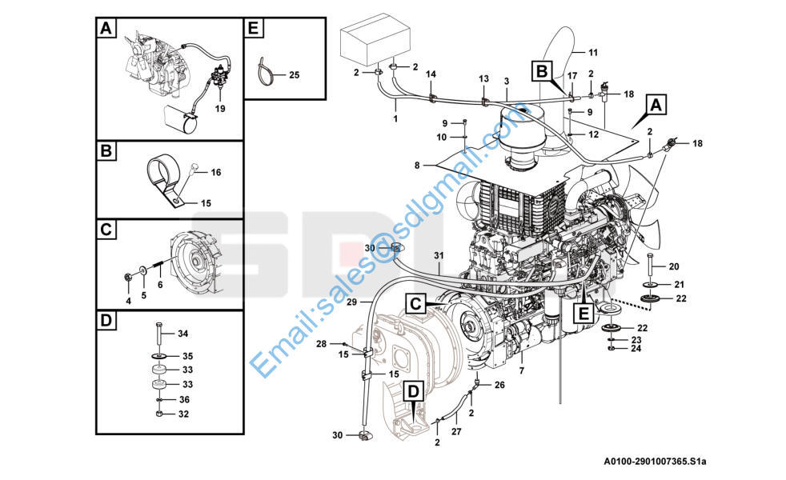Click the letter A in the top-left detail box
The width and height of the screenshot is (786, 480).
[x=105, y=29]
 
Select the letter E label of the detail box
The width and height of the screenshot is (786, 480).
[x=253, y=29]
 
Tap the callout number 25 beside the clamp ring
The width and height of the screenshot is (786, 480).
[x=294, y=75]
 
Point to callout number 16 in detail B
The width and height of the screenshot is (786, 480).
[x=215, y=172]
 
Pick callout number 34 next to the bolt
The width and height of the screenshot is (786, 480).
[x=182, y=333]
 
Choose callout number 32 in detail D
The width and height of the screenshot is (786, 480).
[x=182, y=414]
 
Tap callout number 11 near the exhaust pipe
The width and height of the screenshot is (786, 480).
[x=593, y=53]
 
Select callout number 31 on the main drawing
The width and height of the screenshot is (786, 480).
[x=439, y=255]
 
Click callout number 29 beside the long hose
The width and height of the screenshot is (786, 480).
[x=351, y=302]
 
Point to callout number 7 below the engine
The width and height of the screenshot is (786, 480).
[x=521, y=370]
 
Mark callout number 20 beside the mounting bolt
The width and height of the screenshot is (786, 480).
[x=673, y=266]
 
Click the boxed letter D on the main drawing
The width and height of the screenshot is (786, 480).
[x=413, y=391]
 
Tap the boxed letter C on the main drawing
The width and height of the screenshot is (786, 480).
[x=414, y=304]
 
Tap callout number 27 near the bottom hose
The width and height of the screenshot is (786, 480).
[x=456, y=431]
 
